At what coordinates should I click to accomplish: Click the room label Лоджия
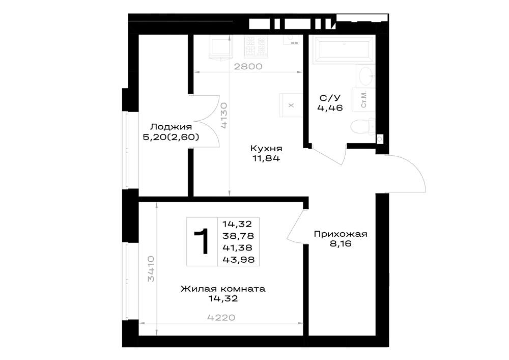coord(171,127)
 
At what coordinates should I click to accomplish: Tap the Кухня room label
coord(266,148)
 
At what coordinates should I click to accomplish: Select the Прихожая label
coord(341,234)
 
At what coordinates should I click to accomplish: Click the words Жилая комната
coord(223,289)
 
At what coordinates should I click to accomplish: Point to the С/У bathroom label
coord(330,98)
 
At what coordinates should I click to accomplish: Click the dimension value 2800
coord(248,67)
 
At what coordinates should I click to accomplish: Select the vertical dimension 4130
coord(223,116)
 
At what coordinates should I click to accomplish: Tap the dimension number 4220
coord(221,317)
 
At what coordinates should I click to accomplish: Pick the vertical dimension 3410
coord(151,269)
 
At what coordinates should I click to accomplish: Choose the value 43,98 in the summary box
coord(238,259)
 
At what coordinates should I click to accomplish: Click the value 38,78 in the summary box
coord(238,236)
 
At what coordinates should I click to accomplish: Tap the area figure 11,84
coord(266,158)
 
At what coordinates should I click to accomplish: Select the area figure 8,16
coord(341,243)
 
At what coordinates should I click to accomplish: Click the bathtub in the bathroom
coord(344,49)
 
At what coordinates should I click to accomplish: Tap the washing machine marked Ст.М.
coord(363,99)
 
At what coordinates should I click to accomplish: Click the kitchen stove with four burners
coord(257,46)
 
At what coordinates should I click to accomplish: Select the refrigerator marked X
coord(291,105)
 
